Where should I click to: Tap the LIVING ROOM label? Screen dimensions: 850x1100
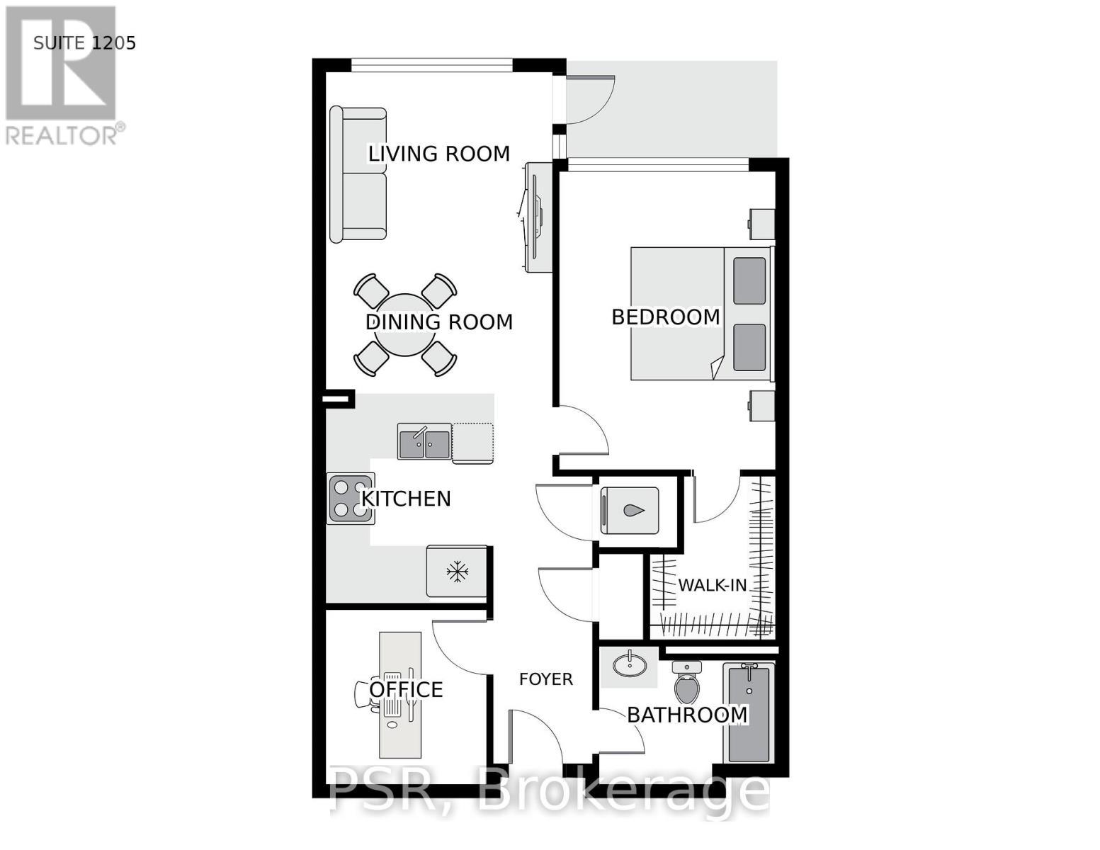pos(438,154)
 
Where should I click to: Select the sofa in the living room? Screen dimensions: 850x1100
pos(358,174)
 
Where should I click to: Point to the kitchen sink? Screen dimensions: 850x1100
pos(424,442)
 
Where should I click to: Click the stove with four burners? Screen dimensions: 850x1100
pos(350,499)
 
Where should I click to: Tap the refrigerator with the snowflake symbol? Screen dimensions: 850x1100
pos(457,571)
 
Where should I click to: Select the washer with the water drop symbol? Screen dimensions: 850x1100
pos(630,510)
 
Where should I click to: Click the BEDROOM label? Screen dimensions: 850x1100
pos(665,317)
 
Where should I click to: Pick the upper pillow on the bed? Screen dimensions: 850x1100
pos(749,281)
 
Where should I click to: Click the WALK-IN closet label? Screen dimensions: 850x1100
pos(712,585)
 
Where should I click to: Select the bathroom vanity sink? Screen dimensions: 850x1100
pos(628,666)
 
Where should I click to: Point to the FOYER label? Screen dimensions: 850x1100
pos(545,679)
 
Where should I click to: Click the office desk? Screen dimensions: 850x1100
pos(400,694)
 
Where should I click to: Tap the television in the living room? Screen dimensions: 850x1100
pos(536,217)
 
